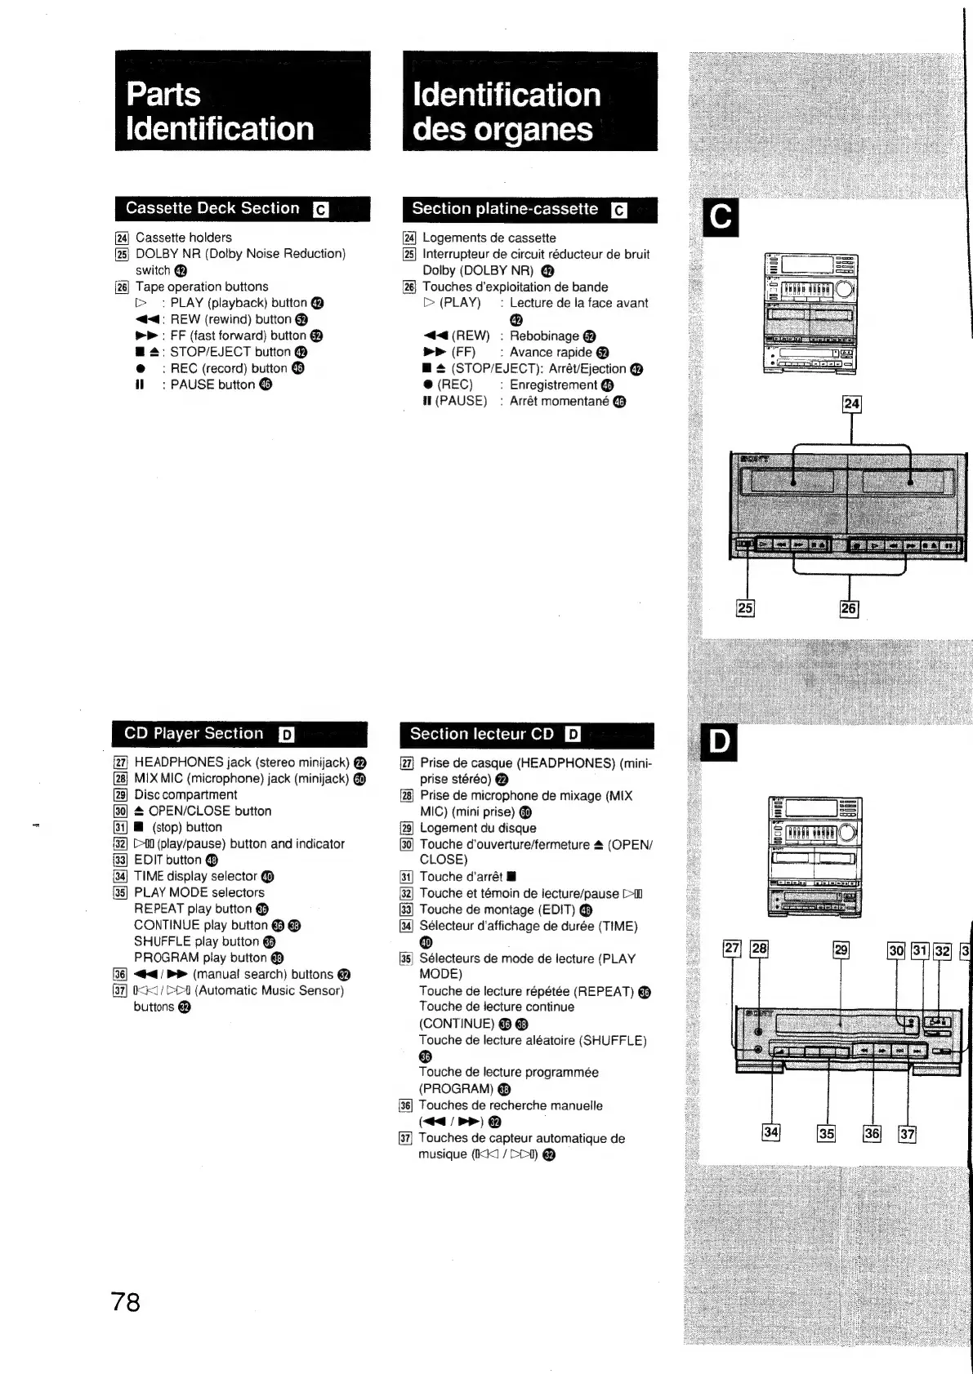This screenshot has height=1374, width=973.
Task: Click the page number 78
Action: pos(126,1301)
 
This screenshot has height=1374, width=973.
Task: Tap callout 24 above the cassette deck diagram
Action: pos(851,404)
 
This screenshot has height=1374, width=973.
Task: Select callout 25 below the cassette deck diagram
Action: pos(745,607)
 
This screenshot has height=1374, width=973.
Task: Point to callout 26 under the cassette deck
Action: pos(849,608)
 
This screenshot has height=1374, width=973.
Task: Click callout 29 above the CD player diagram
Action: pos(841,949)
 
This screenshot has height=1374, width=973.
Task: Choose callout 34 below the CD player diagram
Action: pos(770,1132)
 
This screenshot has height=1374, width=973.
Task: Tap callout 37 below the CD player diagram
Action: pos(907,1133)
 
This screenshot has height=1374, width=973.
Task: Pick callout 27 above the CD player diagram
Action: pos(732,948)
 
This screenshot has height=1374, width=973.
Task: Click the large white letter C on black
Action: pos(721,218)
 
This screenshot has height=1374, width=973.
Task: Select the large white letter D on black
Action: pos(720,742)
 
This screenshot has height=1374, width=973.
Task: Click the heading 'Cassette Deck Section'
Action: pos(212,208)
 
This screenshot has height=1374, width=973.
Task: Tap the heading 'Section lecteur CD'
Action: pos(482,734)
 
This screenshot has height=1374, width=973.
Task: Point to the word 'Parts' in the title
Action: pos(163,95)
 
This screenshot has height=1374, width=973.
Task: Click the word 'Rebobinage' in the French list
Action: pos(544,336)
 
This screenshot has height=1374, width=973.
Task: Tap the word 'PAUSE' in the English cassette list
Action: pos(192,385)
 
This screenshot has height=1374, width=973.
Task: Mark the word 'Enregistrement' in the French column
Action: pos(553,385)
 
